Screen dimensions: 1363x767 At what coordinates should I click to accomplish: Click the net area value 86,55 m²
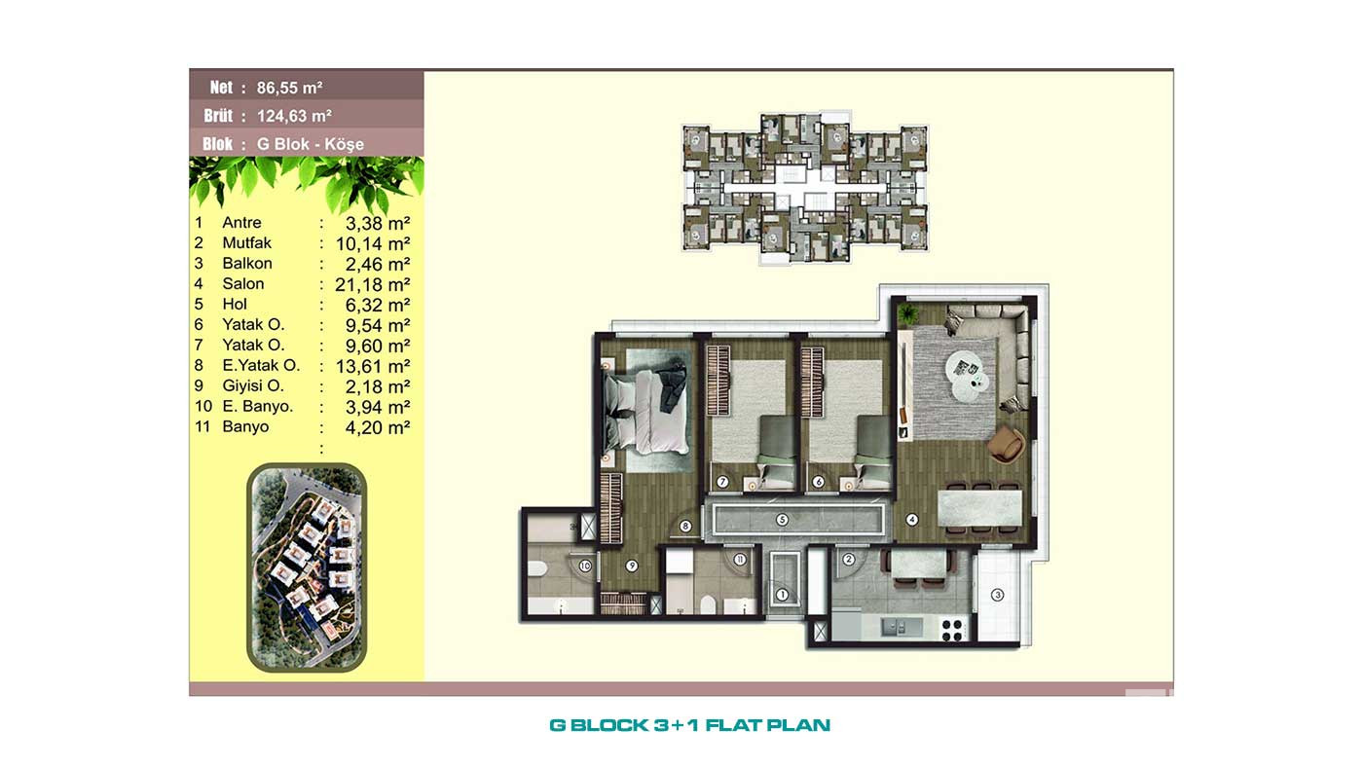point(290,89)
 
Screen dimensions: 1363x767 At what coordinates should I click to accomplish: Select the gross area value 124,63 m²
point(294,116)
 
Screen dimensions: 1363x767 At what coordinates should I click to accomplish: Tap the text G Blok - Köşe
point(311,144)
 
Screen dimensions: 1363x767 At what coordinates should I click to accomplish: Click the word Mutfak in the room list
point(246,242)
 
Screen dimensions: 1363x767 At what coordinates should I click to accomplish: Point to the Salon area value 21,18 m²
point(372,284)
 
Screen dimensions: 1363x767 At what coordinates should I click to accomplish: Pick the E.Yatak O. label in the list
point(261,365)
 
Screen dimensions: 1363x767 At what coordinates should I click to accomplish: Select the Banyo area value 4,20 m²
point(378,427)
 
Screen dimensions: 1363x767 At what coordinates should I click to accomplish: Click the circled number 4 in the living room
point(911,520)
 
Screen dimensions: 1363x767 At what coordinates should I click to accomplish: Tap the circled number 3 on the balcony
point(997,595)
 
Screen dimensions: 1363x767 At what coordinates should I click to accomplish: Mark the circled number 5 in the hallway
point(783,520)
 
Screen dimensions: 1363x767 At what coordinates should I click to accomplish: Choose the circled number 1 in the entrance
point(783,595)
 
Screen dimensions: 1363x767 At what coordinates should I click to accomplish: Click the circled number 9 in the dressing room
point(632,566)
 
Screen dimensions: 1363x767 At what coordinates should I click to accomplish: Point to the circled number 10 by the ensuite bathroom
point(585,566)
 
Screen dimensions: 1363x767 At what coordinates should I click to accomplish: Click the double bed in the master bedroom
point(646,411)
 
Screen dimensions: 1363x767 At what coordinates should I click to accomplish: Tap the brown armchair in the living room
point(1005,445)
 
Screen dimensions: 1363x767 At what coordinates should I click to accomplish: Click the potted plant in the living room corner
point(907,314)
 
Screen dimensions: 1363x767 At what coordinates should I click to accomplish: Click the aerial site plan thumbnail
point(307,567)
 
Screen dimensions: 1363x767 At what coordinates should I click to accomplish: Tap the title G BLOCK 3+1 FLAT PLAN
point(690,725)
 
